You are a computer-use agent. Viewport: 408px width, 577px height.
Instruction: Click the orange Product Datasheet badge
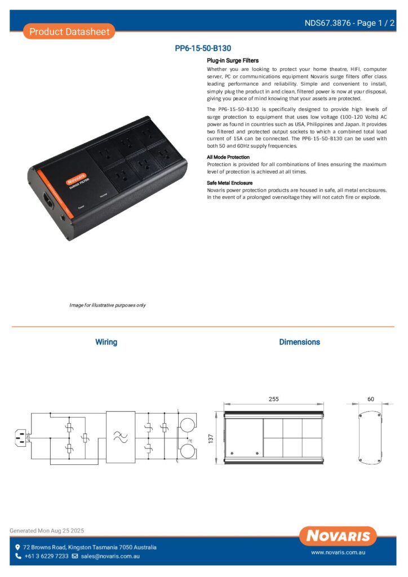pos(69,32)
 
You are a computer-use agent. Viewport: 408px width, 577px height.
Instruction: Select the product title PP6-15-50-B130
pos(203,48)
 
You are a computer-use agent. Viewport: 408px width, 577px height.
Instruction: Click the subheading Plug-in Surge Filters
pos(233,60)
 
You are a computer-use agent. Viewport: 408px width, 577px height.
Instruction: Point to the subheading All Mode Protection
pos(228,157)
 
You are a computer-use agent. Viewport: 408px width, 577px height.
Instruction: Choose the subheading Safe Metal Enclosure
pos(230,183)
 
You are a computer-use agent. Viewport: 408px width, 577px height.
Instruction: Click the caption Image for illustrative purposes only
pos(108,305)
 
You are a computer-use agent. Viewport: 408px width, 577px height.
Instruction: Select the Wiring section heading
pos(106,342)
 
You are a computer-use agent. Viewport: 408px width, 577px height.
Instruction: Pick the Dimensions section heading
pos(299,342)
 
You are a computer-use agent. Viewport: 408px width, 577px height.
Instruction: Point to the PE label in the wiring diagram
pos(190,441)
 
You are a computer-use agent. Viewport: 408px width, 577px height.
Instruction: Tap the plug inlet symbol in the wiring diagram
pos(23,436)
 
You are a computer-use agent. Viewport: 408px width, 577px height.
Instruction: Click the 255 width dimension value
pos(273,399)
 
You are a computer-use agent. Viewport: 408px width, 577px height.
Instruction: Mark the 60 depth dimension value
pos(370,399)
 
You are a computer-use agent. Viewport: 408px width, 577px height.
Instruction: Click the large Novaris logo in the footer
pos(338,535)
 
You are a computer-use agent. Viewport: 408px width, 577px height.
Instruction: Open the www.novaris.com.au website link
pos(338,553)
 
